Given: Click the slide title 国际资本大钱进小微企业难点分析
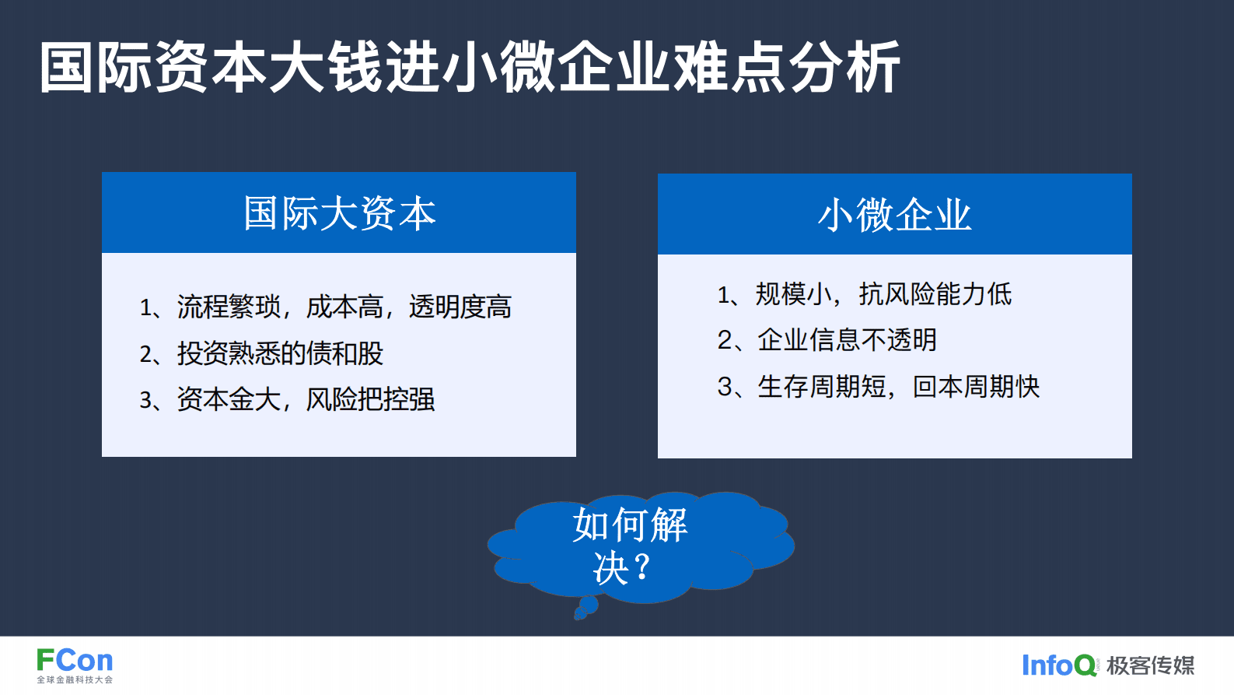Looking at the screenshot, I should (x=470, y=68).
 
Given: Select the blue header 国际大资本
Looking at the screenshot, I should (x=339, y=213).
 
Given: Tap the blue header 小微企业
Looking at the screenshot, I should (x=894, y=215).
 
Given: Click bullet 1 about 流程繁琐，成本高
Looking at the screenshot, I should (x=325, y=307).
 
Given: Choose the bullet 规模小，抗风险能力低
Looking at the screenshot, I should (x=864, y=294).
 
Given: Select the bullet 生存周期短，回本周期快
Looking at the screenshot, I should (x=878, y=386).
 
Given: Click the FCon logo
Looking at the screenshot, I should (x=75, y=661).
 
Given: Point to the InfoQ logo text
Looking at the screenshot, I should (x=1058, y=665).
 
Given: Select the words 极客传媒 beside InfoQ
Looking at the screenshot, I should (x=1150, y=665).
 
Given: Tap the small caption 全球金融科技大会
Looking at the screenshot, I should (x=75, y=680).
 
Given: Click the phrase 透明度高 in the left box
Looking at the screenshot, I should (x=460, y=307).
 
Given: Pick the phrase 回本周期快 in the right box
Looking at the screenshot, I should (x=976, y=386).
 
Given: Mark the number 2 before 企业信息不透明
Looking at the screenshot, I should (x=725, y=340).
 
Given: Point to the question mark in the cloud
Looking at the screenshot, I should (x=641, y=567).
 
